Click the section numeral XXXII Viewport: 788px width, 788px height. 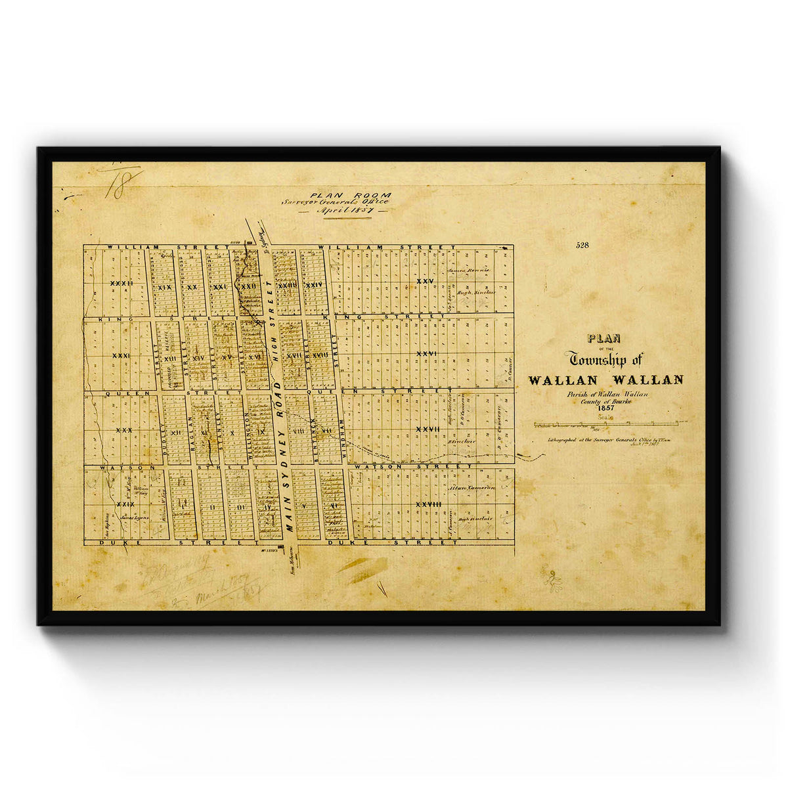tap(121, 284)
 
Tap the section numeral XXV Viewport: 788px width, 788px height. tap(425, 282)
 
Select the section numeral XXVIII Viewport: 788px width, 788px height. tap(427, 504)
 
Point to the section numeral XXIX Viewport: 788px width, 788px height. tap(125, 504)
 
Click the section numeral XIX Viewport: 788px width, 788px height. tap(165, 287)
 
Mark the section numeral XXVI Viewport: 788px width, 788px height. tap(427, 353)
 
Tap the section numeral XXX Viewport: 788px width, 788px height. tap(123, 430)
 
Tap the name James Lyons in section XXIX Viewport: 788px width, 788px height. tap(136, 517)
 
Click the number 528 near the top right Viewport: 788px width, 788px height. tap(582, 246)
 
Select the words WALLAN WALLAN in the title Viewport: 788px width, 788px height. tap(605, 380)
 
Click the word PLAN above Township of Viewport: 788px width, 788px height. tap(605, 339)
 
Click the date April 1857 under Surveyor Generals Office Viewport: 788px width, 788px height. tap(344, 211)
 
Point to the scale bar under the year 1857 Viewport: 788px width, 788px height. tap(610, 424)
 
